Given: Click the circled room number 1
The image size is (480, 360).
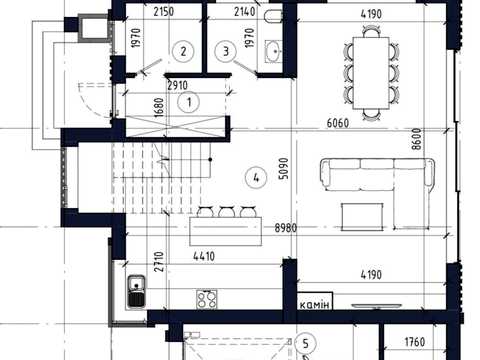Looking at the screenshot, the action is [x=189, y=102].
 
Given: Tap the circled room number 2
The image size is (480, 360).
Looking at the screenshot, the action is [x=183, y=51].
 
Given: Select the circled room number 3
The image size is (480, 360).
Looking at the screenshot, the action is [x=226, y=51].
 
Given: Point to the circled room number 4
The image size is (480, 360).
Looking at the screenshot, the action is [x=256, y=178].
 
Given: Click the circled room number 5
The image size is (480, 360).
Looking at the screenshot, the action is [x=305, y=343].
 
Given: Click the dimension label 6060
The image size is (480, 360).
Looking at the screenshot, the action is [x=338, y=123].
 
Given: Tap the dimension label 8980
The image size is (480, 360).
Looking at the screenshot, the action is [x=286, y=228].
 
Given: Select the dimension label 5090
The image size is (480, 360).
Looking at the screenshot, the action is [x=283, y=169].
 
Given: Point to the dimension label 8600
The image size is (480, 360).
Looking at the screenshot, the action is [x=416, y=139].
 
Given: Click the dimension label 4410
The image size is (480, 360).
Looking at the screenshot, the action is [x=204, y=256].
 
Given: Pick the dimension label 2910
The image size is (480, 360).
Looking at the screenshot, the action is [x=177, y=86].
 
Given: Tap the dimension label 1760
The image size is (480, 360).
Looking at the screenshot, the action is [x=415, y=342].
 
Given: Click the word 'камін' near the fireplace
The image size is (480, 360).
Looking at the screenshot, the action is [x=314, y=305].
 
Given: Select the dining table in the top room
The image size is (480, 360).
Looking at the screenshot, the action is [x=371, y=73].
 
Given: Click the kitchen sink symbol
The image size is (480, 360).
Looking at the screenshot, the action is [x=136, y=291].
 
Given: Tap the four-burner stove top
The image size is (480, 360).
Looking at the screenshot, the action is [x=207, y=299].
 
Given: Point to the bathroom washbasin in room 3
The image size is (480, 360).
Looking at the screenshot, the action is [x=273, y=51].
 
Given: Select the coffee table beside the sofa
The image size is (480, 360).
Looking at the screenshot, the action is [x=362, y=217].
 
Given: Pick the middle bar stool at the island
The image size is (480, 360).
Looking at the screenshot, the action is [x=227, y=212].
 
